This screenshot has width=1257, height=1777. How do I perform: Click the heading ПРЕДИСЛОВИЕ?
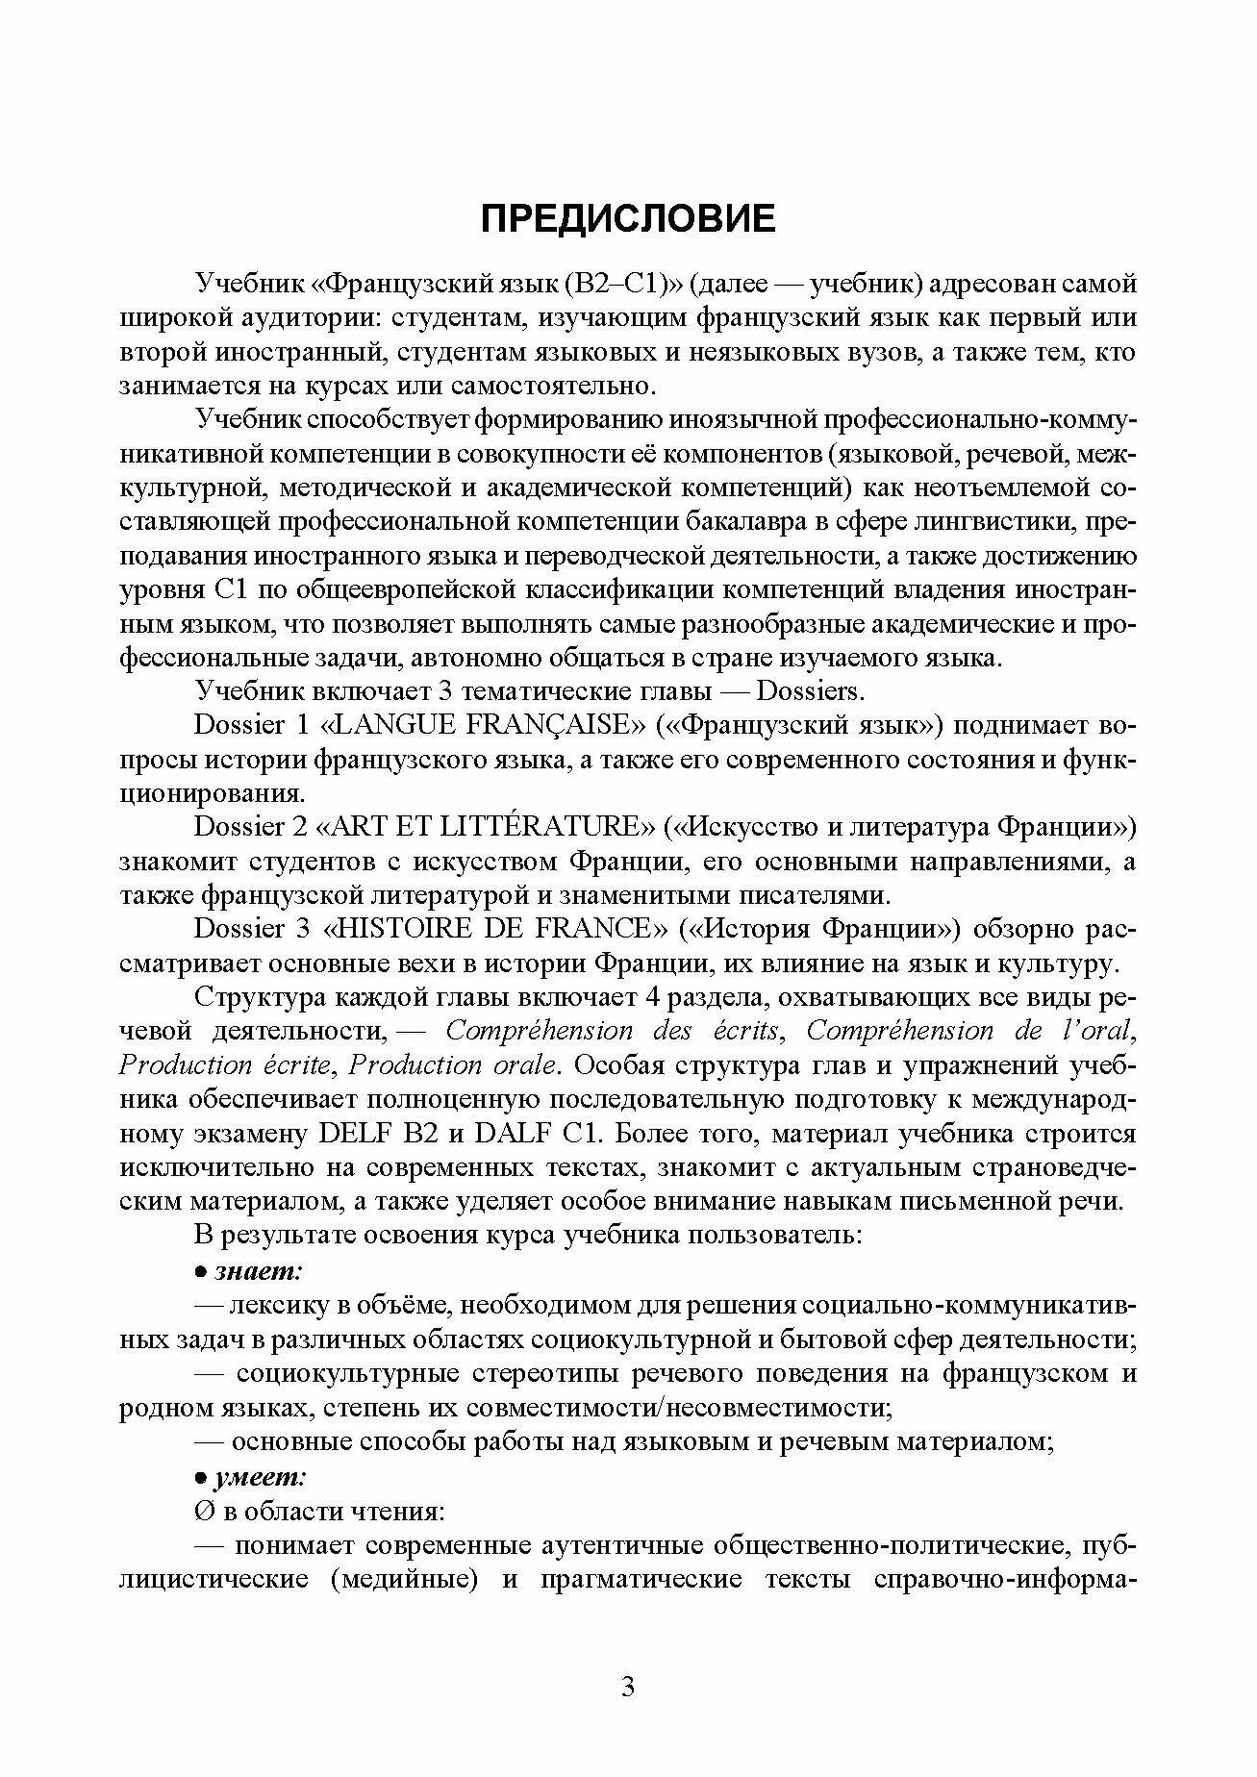tap(627, 219)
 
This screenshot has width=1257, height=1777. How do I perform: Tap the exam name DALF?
tap(513, 1134)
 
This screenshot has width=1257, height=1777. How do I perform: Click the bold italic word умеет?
tap(261, 1476)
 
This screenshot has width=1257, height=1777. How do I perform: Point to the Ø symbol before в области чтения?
tap(204, 1511)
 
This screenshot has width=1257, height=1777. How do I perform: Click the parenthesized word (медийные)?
tap(405, 1579)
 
